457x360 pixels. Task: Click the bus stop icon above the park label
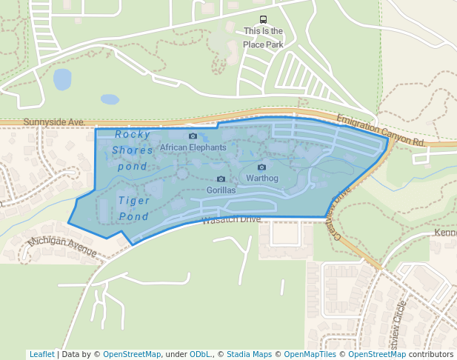[x=263, y=20]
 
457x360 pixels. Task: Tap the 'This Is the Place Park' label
[x=263, y=38]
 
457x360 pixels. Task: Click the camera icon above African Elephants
[x=193, y=136]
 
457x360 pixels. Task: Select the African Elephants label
[x=193, y=147]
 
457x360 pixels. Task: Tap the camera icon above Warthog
[x=261, y=167]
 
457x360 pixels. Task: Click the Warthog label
[x=261, y=179]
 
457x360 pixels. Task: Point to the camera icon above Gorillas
[x=221, y=179]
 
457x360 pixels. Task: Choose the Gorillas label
[x=221, y=190]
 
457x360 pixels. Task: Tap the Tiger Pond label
[x=133, y=208]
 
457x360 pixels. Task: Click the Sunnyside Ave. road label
[x=54, y=121]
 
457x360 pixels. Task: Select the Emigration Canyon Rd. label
[x=380, y=130]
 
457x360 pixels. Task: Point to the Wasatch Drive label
[x=231, y=219]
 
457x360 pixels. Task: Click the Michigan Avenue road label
[x=62, y=247]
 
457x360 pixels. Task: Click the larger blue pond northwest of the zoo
[x=62, y=79]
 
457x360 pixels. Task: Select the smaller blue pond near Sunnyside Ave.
[x=110, y=99]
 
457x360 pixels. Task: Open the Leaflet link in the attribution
[x=41, y=354]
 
